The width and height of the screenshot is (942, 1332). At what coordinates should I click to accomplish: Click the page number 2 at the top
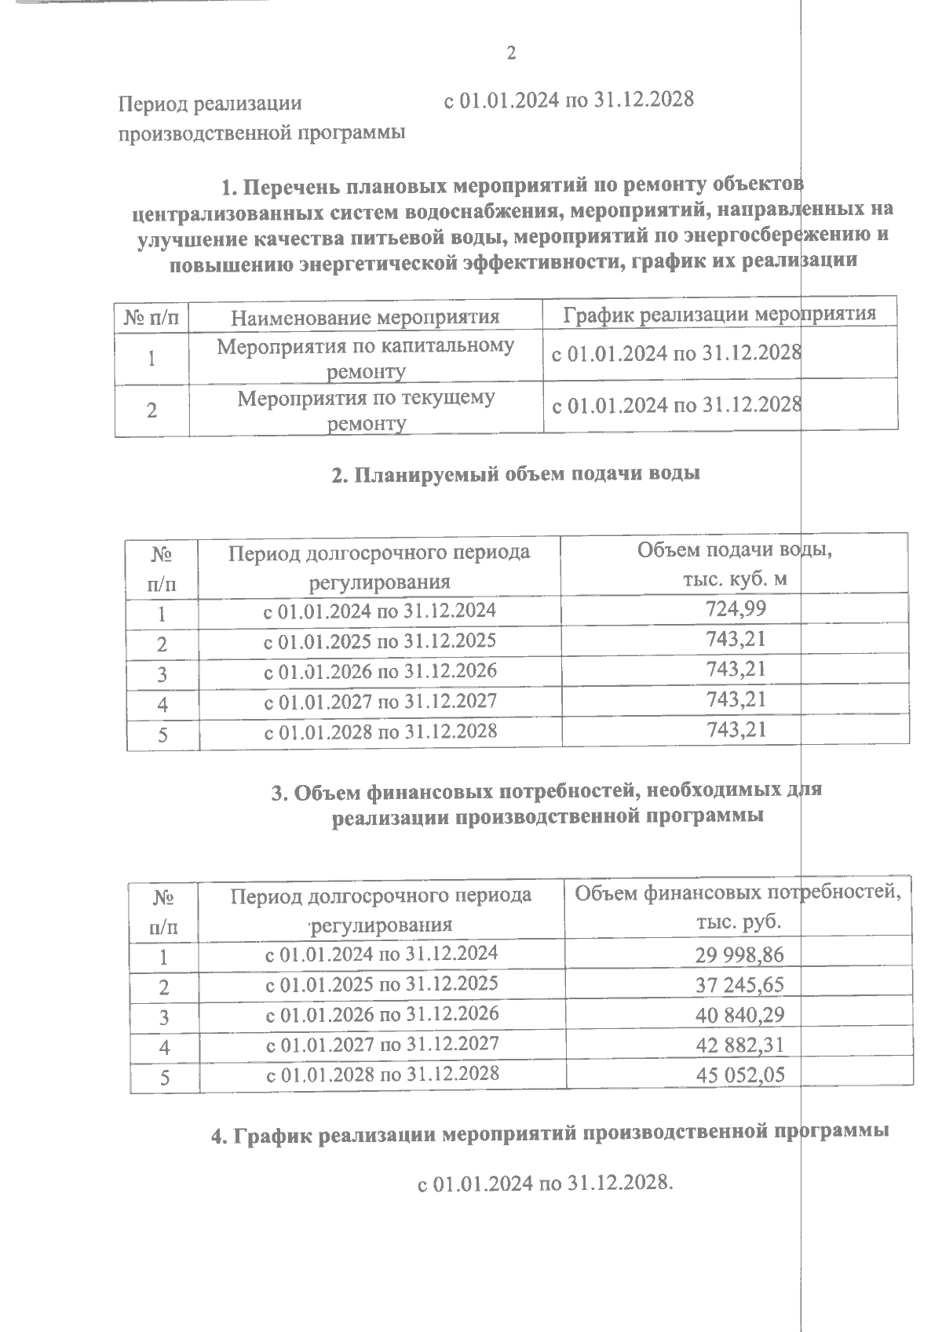click(511, 54)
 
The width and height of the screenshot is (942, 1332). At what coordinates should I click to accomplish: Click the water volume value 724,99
click(736, 608)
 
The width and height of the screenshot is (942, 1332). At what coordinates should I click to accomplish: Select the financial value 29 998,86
click(739, 954)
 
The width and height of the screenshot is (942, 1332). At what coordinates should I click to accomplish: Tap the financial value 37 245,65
click(739, 984)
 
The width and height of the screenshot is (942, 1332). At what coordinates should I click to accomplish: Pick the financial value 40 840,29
click(739, 1015)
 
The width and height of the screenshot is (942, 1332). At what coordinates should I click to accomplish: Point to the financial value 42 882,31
click(739, 1045)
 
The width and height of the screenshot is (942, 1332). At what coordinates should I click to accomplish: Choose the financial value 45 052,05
click(739, 1075)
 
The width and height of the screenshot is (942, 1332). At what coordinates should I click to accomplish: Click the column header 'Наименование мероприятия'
click(365, 318)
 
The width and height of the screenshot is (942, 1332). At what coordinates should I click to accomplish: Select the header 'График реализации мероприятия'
click(719, 315)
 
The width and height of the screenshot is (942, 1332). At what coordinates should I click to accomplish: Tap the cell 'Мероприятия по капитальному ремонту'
click(365, 358)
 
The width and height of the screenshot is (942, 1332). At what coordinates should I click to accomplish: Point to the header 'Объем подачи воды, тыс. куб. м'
click(734, 564)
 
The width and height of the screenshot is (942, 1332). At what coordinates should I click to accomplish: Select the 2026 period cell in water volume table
click(380, 672)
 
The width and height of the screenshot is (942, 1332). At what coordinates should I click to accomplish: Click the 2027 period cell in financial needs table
click(382, 1044)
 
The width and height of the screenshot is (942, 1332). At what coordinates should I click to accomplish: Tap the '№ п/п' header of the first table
click(152, 318)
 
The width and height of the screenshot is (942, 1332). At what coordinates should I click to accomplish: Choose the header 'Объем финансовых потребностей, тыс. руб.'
click(738, 907)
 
